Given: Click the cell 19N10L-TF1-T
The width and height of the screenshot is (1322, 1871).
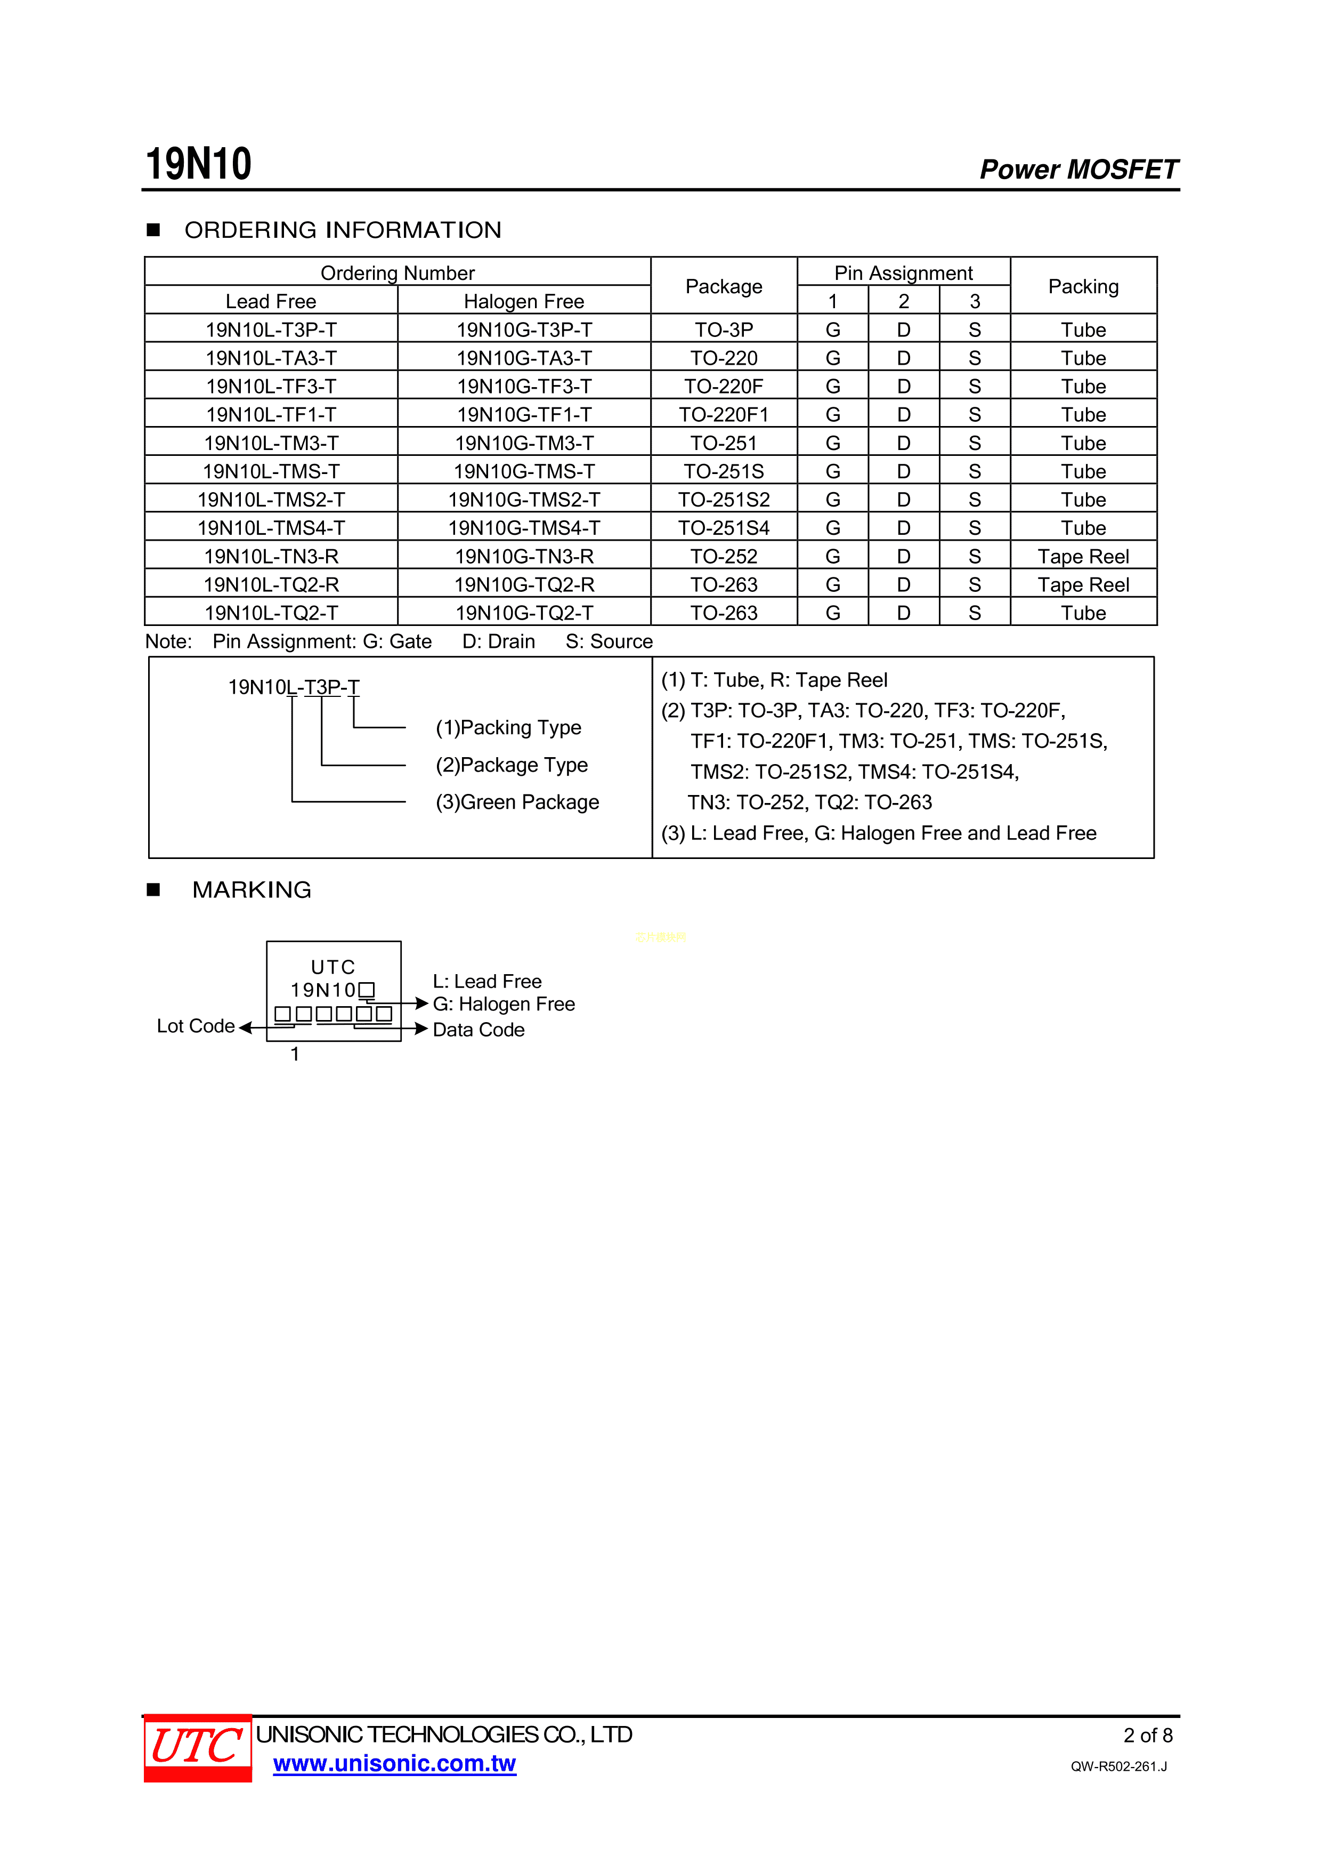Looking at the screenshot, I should point(271,415).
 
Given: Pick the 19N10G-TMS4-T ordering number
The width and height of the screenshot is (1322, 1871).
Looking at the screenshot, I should point(524,528).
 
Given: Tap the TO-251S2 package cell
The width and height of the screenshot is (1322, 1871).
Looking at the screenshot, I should point(723,500).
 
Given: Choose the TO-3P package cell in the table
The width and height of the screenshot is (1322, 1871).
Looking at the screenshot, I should point(723,330).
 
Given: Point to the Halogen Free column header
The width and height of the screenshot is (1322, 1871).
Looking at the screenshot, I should point(524,301).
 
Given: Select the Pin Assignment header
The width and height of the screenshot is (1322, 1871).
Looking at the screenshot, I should point(903,273).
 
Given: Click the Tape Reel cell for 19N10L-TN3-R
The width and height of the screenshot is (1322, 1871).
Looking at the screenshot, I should point(1083,557).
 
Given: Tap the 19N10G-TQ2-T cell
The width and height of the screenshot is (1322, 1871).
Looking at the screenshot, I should point(524,613).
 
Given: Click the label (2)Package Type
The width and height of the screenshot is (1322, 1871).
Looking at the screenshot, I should point(512,765).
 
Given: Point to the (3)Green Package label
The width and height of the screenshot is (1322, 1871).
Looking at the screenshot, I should point(517,802).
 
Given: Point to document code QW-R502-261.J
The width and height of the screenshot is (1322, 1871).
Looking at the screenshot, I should point(1118,1766).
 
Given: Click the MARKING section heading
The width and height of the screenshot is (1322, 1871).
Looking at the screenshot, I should point(252,890).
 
